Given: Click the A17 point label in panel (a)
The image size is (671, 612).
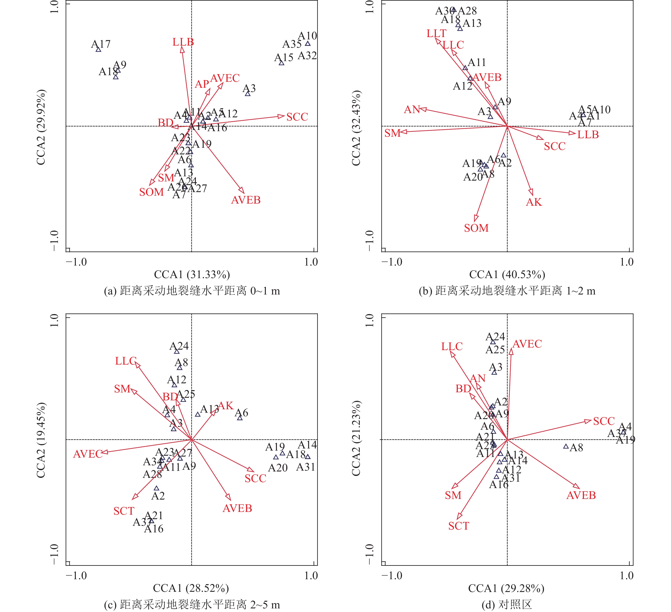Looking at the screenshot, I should click(x=101, y=44).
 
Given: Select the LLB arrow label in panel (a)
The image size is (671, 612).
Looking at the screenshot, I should click(x=183, y=42).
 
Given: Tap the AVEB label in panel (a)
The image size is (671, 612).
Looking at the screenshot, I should click(x=246, y=200).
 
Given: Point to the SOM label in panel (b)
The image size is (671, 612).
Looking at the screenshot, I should click(x=476, y=228).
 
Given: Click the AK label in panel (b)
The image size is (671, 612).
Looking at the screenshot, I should click(x=534, y=202).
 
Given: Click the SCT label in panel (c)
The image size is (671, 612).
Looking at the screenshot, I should click(x=124, y=511).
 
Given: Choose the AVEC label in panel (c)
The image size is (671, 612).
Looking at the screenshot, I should click(x=88, y=454).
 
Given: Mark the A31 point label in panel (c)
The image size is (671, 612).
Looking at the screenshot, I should click(x=305, y=467).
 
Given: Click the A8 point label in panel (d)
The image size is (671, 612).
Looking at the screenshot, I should click(x=576, y=448).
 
